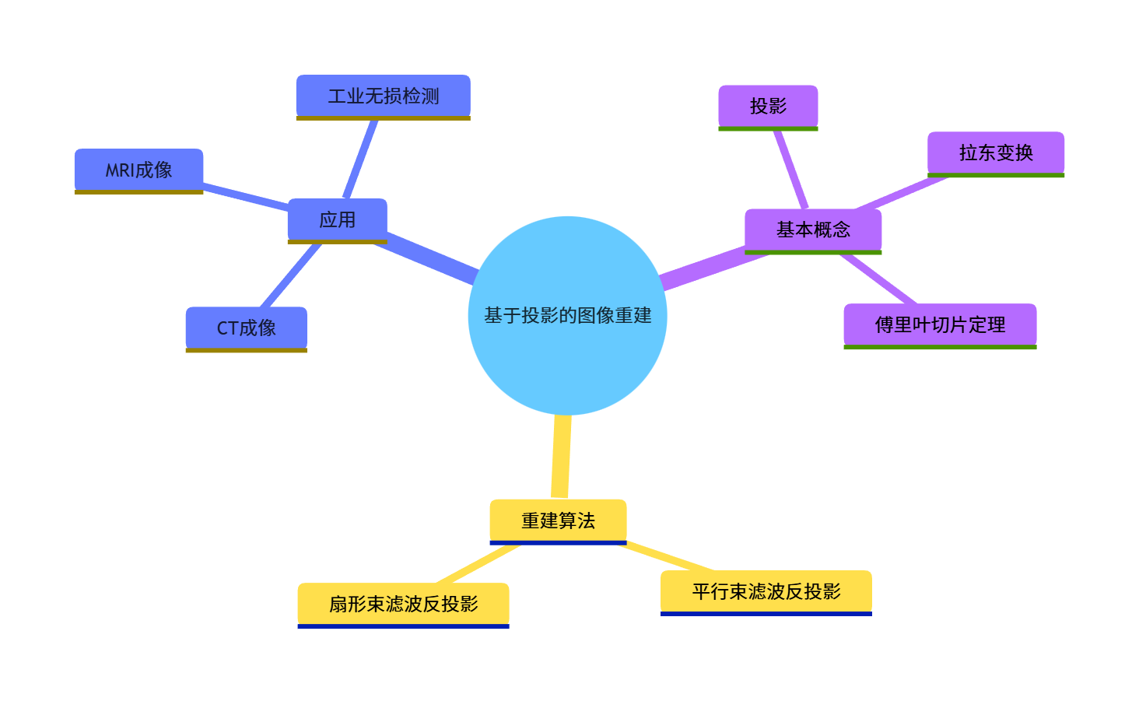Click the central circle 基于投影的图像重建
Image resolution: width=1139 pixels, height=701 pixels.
tap(567, 315)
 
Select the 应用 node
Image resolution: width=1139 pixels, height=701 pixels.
tap(337, 219)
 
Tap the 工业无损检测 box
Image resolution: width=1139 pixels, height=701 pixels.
tap(383, 96)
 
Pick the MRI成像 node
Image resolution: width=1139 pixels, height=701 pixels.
tap(138, 170)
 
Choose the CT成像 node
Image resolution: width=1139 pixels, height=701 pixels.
tap(246, 328)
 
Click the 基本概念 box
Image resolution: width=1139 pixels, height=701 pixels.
tap(813, 230)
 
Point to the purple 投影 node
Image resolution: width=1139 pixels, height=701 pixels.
tap(768, 106)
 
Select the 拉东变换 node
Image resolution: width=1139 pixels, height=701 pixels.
tap(995, 152)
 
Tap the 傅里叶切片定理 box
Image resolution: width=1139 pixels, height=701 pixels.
tap(940, 324)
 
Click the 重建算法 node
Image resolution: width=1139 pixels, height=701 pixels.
tap(558, 520)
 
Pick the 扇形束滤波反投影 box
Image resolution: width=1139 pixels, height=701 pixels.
tap(403, 604)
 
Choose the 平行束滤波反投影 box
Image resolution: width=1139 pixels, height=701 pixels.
tap(766, 591)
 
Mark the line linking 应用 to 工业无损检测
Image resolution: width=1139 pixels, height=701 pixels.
tap(361, 159)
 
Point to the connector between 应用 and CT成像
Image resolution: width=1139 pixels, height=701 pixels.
tap(291, 275)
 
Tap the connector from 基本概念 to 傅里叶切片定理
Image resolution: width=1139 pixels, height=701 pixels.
tap(878, 279)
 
